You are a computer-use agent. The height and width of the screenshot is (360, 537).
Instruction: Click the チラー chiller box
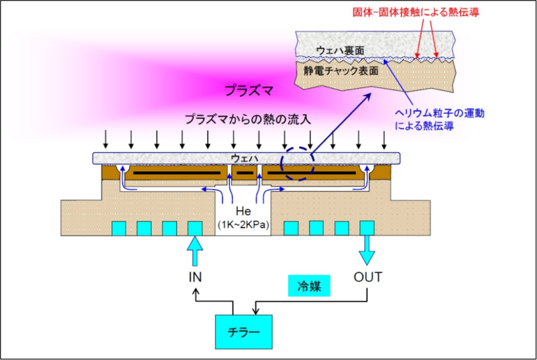point(243,331)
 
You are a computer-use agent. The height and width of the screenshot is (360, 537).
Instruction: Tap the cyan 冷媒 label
point(310,286)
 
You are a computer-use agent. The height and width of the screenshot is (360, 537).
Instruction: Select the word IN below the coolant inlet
point(195,277)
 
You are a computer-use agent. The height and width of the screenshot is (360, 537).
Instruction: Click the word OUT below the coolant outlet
point(368,276)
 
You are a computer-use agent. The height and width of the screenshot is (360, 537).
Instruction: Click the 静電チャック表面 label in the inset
point(341,71)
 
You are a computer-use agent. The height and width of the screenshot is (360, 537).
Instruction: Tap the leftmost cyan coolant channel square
point(118,228)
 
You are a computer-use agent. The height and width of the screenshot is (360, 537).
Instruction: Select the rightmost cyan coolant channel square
point(367,228)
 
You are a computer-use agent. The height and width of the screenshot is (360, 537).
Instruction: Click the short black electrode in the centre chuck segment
point(244,173)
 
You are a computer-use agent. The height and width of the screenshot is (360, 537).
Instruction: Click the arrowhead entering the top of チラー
point(256,312)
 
